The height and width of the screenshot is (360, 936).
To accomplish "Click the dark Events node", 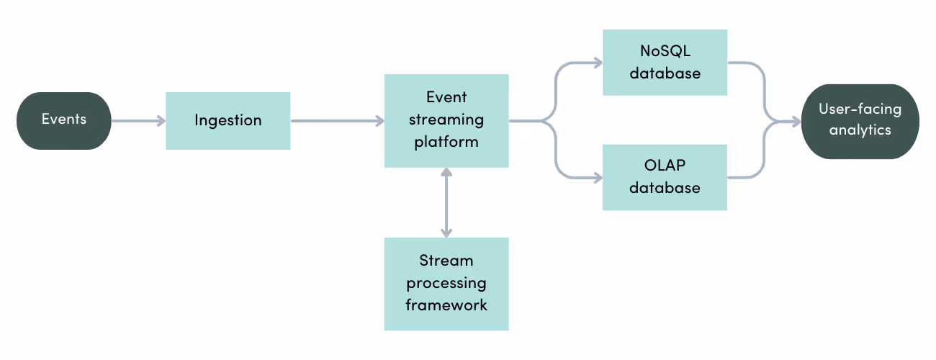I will point(64,120).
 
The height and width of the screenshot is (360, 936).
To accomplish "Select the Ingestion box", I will point(228,120).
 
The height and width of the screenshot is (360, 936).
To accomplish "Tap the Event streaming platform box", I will point(446,120).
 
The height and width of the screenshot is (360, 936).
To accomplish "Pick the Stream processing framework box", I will point(446,284).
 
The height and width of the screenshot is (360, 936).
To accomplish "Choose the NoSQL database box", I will point(665,63).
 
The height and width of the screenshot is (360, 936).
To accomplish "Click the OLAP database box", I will point(665,177).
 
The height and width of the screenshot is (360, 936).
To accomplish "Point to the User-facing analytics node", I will point(860,120).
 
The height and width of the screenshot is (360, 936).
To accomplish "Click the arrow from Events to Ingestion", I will point(138,121).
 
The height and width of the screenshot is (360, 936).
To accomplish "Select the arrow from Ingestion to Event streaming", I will point(336,121).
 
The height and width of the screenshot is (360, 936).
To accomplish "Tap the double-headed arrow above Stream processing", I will point(446,202).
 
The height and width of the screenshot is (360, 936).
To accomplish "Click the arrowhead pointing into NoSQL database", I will point(596,63).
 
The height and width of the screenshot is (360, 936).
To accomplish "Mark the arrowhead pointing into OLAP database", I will point(596,177).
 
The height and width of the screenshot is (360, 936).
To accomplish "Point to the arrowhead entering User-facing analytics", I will point(795,122).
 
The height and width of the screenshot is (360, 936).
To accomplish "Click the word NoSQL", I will point(665,52).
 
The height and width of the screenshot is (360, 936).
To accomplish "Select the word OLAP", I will point(665,166).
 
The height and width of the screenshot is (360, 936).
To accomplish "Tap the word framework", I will point(446,305).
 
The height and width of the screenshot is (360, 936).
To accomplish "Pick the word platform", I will point(446,141).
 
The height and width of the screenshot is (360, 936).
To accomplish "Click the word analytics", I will point(860,130).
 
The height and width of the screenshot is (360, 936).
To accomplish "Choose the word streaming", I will point(446,119).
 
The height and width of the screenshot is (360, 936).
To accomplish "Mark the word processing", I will point(446,282).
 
